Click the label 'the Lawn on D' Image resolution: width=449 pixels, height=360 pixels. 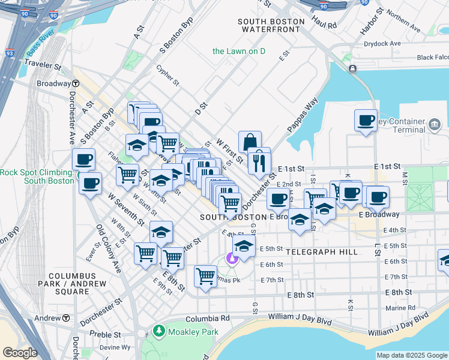[239, 51]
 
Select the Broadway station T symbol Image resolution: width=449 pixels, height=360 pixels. [76, 84]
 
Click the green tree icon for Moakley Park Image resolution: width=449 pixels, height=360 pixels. [158, 330]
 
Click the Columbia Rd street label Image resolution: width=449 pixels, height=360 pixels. [208, 319]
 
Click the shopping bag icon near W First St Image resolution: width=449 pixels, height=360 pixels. [250, 142]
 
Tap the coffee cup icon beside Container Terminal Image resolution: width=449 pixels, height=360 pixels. [366, 121]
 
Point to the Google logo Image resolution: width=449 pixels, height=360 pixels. [20, 353]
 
